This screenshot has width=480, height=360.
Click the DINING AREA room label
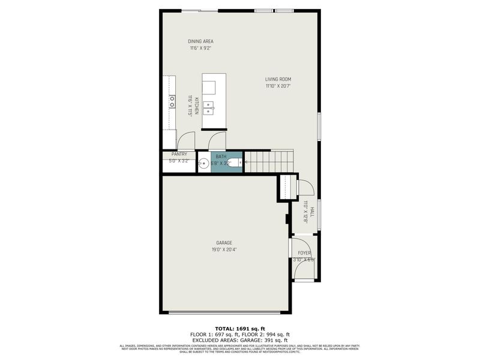click(200, 41)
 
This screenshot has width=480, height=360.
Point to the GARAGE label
click(224, 242)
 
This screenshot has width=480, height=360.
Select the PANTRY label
click(179, 154)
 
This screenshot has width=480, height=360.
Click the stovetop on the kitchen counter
click(172, 101)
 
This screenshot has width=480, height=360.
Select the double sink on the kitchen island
click(209, 107)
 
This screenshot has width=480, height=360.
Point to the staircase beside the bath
click(268, 161)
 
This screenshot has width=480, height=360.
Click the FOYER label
click(304, 253)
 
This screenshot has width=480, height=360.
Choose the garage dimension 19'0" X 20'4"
click(224, 250)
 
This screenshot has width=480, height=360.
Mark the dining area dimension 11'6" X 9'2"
click(200, 48)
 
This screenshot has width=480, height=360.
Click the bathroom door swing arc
click(217, 142)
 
